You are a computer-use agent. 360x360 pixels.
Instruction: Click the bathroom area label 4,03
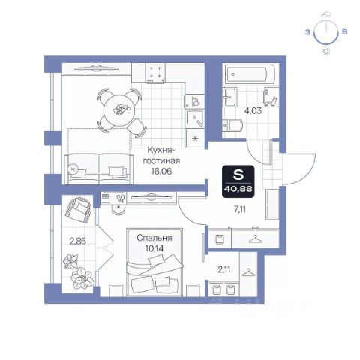click(253, 110)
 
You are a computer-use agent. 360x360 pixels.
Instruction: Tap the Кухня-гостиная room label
click(161, 155)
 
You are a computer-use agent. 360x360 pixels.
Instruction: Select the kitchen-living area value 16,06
click(161, 171)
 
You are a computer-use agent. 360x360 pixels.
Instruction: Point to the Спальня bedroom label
click(154, 238)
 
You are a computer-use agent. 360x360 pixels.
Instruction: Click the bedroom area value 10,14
click(154, 248)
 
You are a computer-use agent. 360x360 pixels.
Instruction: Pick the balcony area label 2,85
click(78, 241)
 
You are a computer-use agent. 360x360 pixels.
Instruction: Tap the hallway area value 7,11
click(240, 209)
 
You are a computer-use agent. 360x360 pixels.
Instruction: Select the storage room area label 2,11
click(224, 269)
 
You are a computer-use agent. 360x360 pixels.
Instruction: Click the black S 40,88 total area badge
click(238, 181)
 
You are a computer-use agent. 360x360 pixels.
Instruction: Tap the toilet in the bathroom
click(233, 125)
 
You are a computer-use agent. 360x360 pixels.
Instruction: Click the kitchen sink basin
click(195, 118)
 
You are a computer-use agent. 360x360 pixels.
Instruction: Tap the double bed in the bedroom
click(154, 262)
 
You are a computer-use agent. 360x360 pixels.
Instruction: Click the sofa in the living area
click(99, 169)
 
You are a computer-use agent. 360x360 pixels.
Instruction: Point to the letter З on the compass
click(307, 32)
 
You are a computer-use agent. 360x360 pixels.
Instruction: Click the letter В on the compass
click(344, 32)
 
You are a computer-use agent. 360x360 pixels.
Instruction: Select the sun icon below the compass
click(326, 52)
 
